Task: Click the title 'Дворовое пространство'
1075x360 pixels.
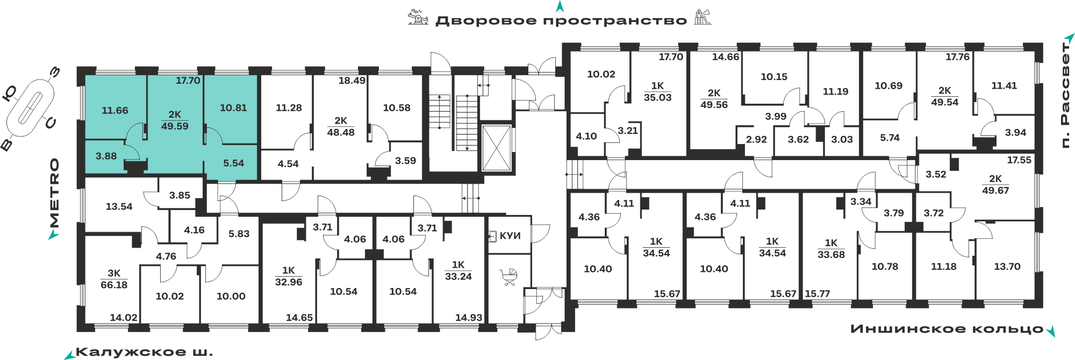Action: [x=561, y=21]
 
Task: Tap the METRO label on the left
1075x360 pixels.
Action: [x=54, y=193]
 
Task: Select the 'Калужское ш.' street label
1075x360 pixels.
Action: [x=144, y=352]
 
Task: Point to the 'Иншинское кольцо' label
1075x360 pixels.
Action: [x=947, y=329]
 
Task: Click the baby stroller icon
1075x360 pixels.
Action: [x=508, y=277]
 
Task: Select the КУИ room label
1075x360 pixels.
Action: [x=510, y=236]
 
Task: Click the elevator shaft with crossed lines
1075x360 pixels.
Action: [x=496, y=148]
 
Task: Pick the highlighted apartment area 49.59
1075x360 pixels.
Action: [x=175, y=126]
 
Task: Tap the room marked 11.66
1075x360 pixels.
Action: [x=115, y=111]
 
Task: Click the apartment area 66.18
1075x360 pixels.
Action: [x=114, y=285]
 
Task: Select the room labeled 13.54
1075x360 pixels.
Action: [x=119, y=206]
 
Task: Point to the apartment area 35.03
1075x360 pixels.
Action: [x=658, y=98]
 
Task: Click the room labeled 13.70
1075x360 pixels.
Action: [x=1007, y=267]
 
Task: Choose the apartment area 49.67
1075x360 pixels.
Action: [x=995, y=191]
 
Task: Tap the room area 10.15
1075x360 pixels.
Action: [x=774, y=77]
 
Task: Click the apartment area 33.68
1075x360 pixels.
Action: [x=832, y=255]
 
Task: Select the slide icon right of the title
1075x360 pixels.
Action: [x=703, y=17]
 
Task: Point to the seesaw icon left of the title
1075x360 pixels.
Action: [x=418, y=17]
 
